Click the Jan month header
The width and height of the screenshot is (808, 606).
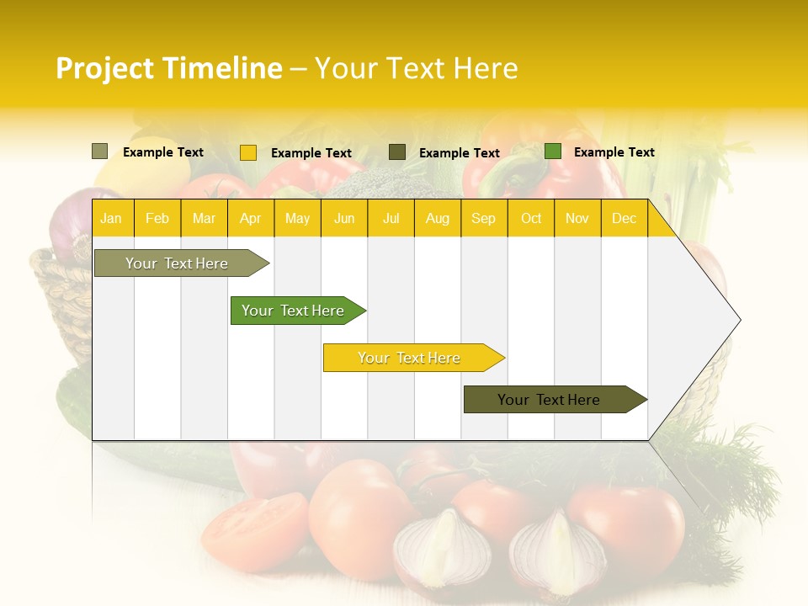point(111,218)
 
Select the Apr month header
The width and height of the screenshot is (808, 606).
point(251,218)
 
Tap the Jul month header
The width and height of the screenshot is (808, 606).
point(391,218)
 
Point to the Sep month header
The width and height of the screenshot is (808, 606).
point(483,218)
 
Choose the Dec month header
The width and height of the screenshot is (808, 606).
point(624,218)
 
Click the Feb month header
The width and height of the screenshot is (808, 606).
point(157,218)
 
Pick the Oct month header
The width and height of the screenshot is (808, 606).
point(531,218)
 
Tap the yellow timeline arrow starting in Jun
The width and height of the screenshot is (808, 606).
point(410,358)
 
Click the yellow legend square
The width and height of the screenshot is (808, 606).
point(248,152)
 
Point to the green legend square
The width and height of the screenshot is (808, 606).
point(553,151)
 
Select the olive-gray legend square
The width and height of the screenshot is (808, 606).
point(100,151)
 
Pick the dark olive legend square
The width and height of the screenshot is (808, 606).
point(397,151)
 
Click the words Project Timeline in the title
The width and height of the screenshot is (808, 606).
point(169,68)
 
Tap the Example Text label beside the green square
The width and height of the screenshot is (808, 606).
point(614,152)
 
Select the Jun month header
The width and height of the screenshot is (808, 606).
point(344,218)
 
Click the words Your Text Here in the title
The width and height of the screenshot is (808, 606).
point(416,68)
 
